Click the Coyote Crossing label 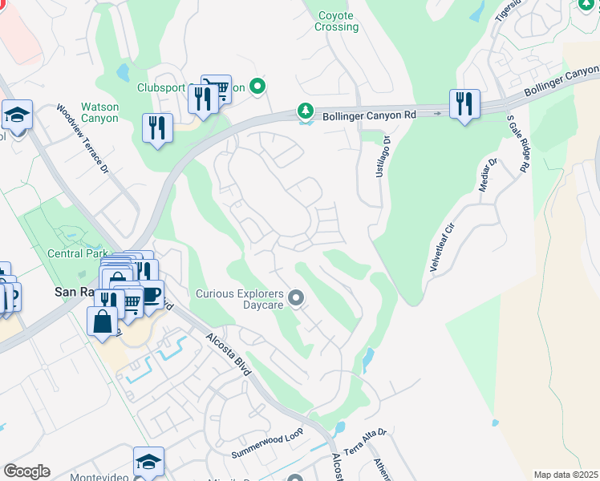[x=337, y=21]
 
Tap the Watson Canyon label [x=99, y=112]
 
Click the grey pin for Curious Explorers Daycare [x=296, y=299]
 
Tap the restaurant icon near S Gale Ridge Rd [x=464, y=104]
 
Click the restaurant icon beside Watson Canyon [x=157, y=128]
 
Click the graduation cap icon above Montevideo [x=148, y=462]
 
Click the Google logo [x=26, y=471]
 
